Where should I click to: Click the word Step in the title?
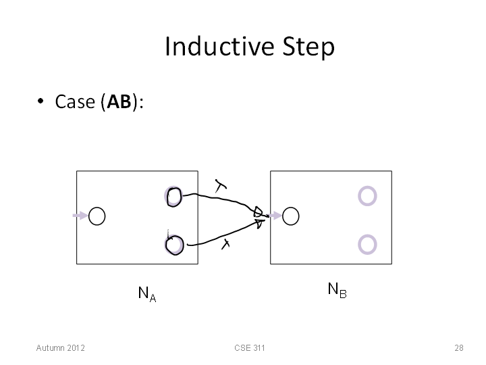pyautogui.click(x=308, y=47)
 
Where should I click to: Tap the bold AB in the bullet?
pyautogui.click(x=119, y=101)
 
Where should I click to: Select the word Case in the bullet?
pyautogui.click(x=75, y=101)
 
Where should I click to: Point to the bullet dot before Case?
pyautogui.click(x=40, y=101)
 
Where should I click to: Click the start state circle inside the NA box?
pyautogui.click(x=97, y=216)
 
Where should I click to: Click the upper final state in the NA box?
pyautogui.click(x=173, y=197)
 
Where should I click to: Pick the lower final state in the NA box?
pyautogui.click(x=174, y=245)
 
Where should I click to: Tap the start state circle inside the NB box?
pyautogui.click(x=291, y=216)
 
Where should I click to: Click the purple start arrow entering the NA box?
pyautogui.click(x=80, y=216)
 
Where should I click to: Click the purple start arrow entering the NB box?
pyautogui.click(x=275, y=216)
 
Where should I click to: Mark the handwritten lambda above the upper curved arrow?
pyautogui.click(x=220, y=186)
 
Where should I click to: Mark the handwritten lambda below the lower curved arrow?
pyautogui.click(x=225, y=244)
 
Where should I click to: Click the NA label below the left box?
pyautogui.click(x=147, y=293)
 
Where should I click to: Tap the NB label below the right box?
pyautogui.click(x=337, y=290)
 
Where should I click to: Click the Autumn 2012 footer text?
pyautogui.click(x=61, y=348)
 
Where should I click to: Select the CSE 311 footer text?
pyautogui.click(x=250, y=348)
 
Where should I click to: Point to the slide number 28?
pyautogui.click(x=459, y=348)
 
